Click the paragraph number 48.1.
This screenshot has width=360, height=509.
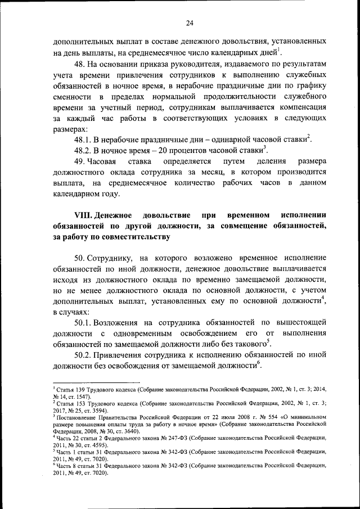coord(84,139)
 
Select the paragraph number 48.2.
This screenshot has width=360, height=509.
coord(84,150)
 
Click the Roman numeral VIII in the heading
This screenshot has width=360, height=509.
coord(83,215)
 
